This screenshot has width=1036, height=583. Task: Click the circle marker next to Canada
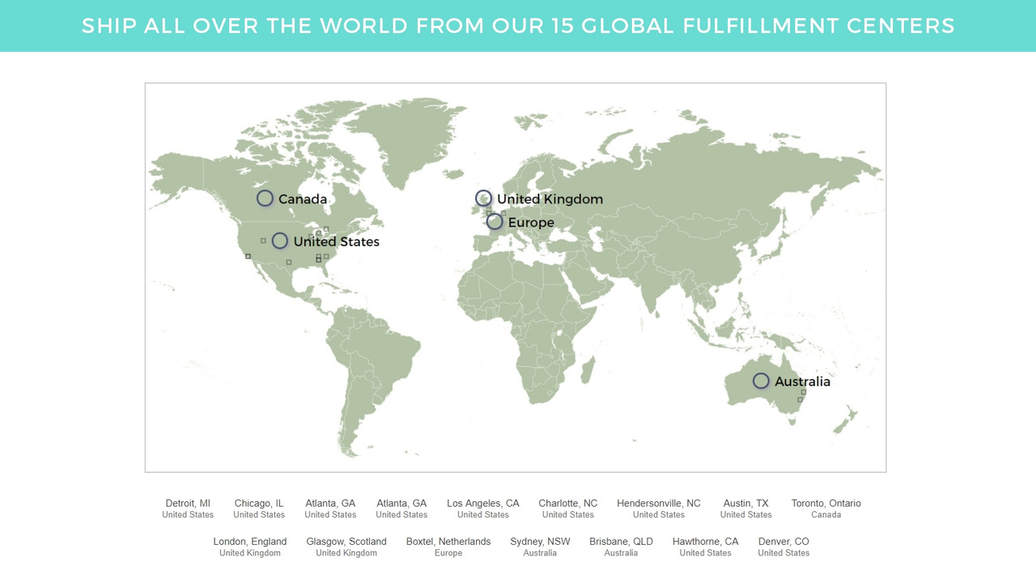pyautogui.click(x=265, y=198)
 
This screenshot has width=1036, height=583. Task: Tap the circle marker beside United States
pyautogui.click(x=279, y=240)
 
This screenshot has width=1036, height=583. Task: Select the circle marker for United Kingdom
pyautogui.click(x=483, y=198)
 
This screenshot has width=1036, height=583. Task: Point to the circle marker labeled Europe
pyautogui.click(x=495, y=222)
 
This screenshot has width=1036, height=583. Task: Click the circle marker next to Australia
pyautogui.click(x=761, y=381)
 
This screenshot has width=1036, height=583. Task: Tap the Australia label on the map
pyautogui.click(x=802, y=381)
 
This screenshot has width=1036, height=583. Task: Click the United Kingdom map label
pyautogui.click(x=550, y=199)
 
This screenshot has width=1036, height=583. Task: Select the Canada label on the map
pyautogui.click(x=303, y=199)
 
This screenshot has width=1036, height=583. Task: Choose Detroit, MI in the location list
pyautogui.click(x=188, y=504)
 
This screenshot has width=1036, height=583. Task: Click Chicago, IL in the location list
pyautogui.click(x=259, y=504)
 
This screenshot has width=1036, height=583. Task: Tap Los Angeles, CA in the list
pyautogui.click(x=483, y=504)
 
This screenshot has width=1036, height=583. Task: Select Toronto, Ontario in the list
pyautogui.click(x=826, y=504)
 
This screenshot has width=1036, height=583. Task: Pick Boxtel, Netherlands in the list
pyautogui.click(x=448, y=542)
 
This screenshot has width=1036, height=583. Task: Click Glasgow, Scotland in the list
pyautogui.click(x=346, y=542)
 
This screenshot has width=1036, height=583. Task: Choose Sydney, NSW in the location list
pyautogui.click(x=540, y=542)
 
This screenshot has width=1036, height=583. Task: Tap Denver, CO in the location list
pyautogui.click(x=783, y=542)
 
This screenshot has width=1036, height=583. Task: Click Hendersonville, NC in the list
pyautogui.click(x=659, y=504)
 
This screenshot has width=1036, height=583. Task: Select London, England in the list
pyautogui.click(x=250, y=542)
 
